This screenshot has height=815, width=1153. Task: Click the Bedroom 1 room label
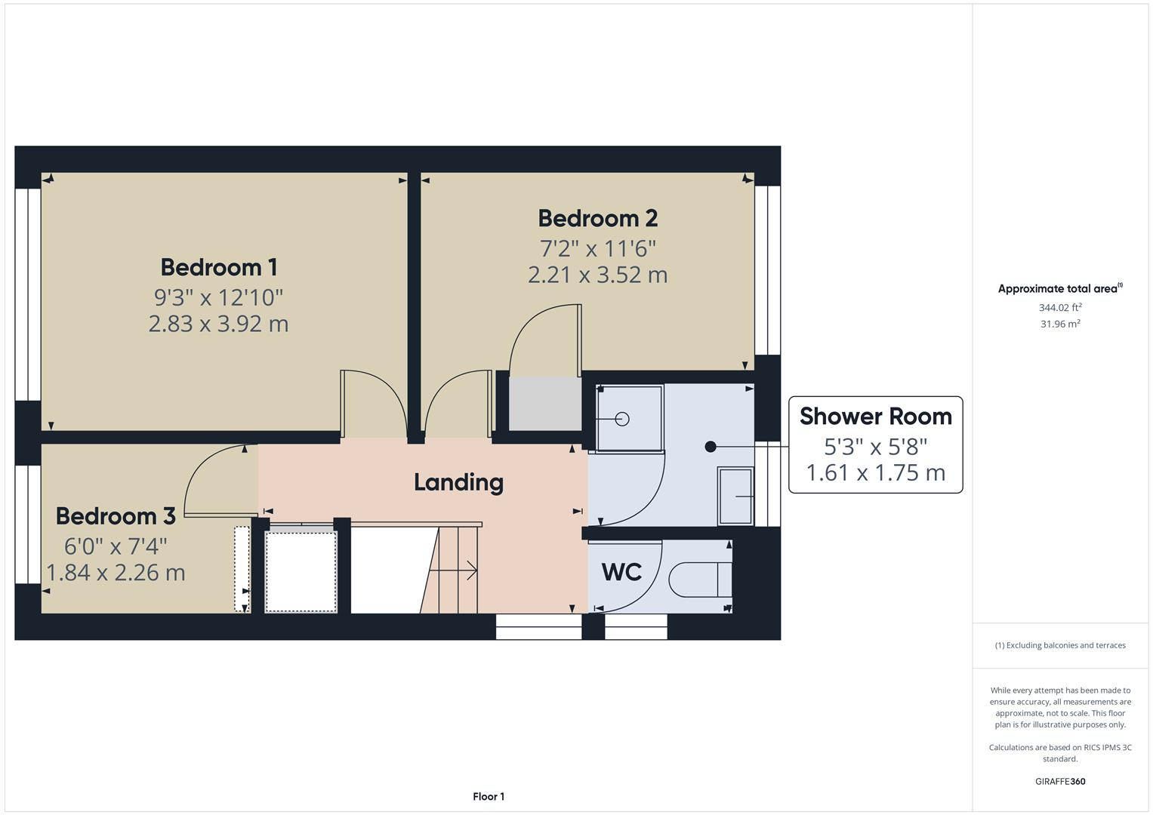[x=218, y=267]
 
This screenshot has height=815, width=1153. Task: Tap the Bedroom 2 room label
[x=597, y=218]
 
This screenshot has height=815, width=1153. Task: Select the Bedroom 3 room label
[x=116, y=516]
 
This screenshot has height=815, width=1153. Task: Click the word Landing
[x=458, y=482]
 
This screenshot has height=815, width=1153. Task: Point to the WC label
[x=621, y=572]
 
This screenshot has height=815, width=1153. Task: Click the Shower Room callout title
[x=875, y=417]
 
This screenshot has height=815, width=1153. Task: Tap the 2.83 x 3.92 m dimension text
[x=218, y=324]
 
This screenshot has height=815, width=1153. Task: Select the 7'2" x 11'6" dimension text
[x=597, y=248]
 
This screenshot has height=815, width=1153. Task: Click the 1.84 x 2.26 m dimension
[x=116, y=573]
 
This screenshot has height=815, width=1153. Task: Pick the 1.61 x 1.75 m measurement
[x=875, y=473]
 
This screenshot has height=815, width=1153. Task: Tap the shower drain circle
[x=622, y=419]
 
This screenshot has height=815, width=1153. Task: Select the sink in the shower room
[x=735, y=496]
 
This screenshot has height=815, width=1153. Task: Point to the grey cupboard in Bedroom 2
[x=544, y=403]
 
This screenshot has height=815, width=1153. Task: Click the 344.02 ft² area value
[x=1059, y=307]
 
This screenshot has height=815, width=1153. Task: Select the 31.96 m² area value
[x=1059, y=324]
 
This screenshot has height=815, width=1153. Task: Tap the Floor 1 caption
[x=488, y=796]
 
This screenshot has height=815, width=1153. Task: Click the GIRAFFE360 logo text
[x=1059, y=781]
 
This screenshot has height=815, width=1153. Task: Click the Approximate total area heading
[x=1059, y=289]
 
